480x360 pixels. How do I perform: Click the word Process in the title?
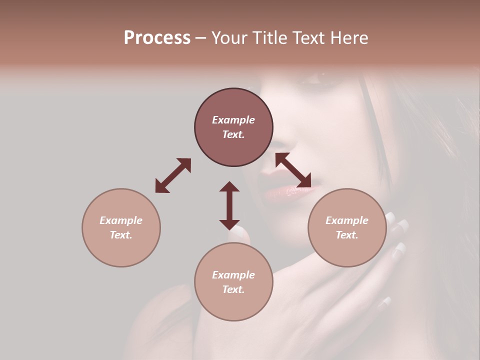coord(157,38)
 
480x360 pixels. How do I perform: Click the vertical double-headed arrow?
coord(229,205)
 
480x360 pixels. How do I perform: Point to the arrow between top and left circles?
coord(173,175)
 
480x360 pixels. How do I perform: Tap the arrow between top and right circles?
coord(293,170)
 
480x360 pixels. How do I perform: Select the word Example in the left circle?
coord(121,220)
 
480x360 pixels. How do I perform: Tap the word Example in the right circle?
coord(347,220)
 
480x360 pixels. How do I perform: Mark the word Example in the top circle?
coord(233,120)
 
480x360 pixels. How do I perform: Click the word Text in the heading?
coord(308,38)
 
